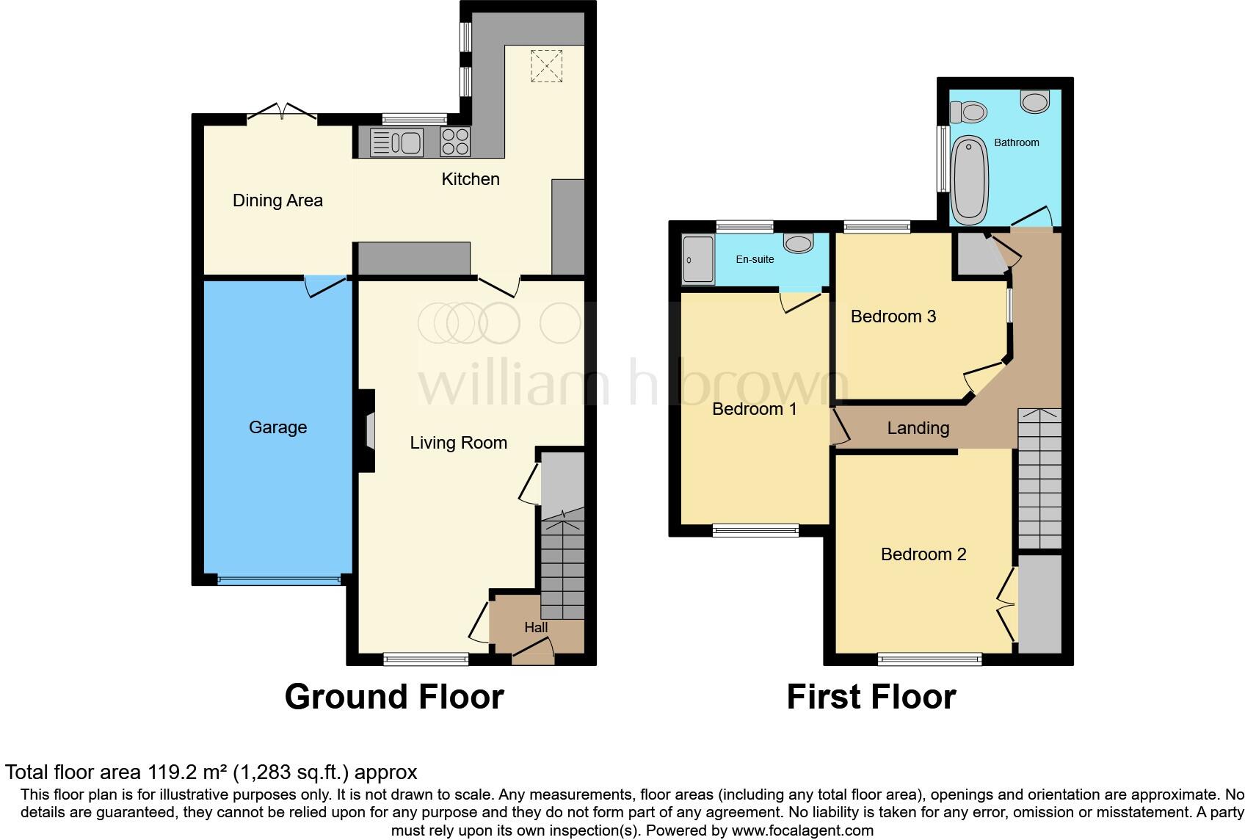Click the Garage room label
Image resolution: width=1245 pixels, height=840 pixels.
pyautogui.click(x=277, y=427)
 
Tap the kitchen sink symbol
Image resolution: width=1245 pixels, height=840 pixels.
pyautogui.click(x=397, y=142)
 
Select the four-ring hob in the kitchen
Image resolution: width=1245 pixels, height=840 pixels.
pyautogui.click(x=455, y=142)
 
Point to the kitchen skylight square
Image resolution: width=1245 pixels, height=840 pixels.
pyautogui.click(x=545, y=65)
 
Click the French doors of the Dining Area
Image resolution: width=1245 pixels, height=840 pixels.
pyautogui.click(x=282, y=112)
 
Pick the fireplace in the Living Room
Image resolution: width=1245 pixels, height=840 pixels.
pyautogui.click(x=368, y=430)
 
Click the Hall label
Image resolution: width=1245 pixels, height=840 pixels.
pyautogui.click(x=536, y=628)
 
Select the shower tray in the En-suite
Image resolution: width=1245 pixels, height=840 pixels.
pyautogui.click(x=698, y=259)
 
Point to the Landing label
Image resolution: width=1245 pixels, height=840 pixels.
pyautogui.click(x=918, y=428)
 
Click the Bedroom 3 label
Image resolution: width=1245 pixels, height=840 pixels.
pyautogui.click(x=893, y=316)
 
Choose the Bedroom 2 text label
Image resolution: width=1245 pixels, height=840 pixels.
pyautogui.click(x=923, y=554)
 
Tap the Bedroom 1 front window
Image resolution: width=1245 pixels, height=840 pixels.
pyautogui.click(x=755, y=530)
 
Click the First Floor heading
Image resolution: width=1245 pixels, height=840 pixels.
pyautogui.click(x=871, y=697)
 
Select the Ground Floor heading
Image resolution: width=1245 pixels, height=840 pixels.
pyautogui.click(x=394, y=697)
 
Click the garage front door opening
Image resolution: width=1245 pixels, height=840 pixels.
pyautogui.click(x=280, y=579)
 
